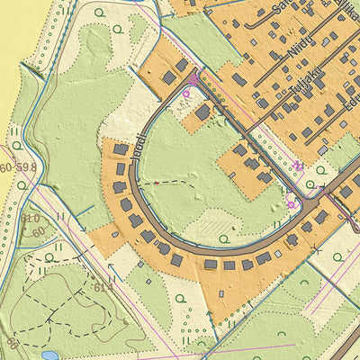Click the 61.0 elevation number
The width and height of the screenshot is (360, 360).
click(29, 218)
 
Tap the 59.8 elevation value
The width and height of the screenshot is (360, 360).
click(26, 167)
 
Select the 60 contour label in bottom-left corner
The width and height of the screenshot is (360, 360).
click(13, 342)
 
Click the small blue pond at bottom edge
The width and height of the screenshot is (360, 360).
click(50, 355)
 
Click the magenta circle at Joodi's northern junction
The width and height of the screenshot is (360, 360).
click(187, 93)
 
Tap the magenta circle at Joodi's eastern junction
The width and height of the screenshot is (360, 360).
click(291, 204)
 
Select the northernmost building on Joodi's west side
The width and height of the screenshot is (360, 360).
click(121, 149)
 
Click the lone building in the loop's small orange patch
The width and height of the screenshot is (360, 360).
click(203, 112)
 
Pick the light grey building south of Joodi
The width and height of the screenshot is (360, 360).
click(277, 255)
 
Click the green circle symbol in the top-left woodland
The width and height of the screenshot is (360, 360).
click(120, 29)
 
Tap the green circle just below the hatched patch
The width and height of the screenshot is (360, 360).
click(223, 239)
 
